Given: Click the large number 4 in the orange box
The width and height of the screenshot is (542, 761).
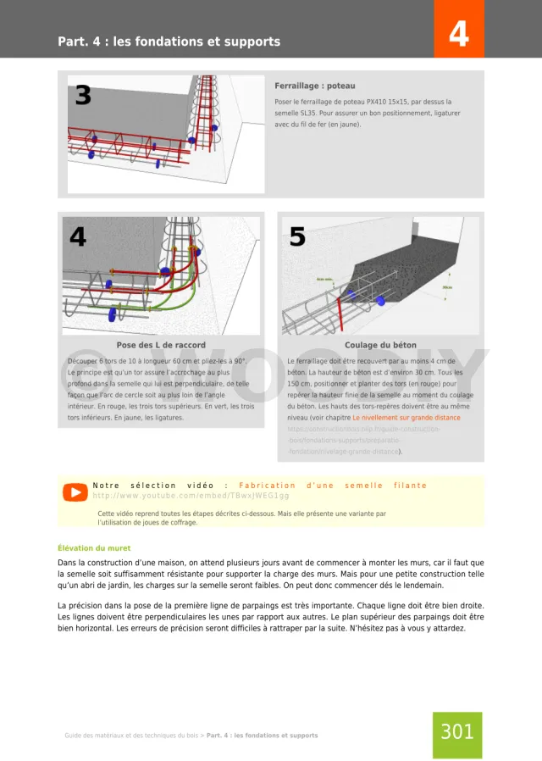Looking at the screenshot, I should (x=458, y=35).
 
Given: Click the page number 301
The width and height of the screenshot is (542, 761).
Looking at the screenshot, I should (x=457, y=731).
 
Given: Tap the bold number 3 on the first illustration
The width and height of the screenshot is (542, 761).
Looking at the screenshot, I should (x=83, y=96).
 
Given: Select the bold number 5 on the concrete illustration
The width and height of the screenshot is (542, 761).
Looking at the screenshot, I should (x=297, y=237).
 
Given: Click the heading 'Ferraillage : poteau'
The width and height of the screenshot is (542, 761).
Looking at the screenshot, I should (x=315, y=86).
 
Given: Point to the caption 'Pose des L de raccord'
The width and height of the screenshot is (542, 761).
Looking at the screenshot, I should (x=161, y=345).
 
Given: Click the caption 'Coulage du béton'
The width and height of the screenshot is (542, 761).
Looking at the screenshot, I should (x=380, y=345).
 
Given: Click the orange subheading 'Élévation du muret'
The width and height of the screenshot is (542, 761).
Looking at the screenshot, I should (x=94, y=548).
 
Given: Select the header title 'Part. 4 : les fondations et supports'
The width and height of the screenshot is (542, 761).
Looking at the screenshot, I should (x=169, y=42).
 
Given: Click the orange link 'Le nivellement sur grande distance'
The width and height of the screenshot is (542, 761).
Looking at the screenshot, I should (x=406, y=418).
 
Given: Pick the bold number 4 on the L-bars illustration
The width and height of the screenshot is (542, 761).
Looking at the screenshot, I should (x=78, y=237).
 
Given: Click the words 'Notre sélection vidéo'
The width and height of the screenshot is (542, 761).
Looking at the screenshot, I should (x=152, y=486).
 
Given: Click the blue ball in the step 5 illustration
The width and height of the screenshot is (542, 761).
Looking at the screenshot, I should (x=380, y=300).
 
